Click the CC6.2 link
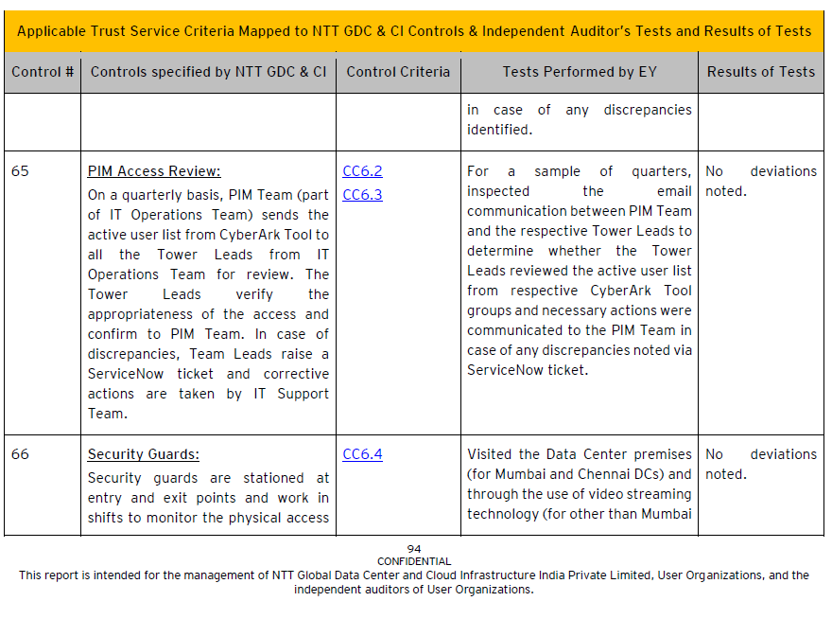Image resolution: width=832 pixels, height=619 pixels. click(362, 171)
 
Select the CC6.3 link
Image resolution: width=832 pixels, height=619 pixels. click(362, 195)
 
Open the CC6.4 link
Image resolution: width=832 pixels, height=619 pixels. click(362, 454)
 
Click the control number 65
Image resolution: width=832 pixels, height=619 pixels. click(20, 171)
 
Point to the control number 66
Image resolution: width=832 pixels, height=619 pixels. click(20, 454)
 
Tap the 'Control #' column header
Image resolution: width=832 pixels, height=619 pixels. click(43, 72)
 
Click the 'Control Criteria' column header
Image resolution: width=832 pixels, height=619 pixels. click(398, 72)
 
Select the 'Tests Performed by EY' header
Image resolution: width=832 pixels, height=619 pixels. click(579, 72)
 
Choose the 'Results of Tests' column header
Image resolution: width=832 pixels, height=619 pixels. click(760, 72)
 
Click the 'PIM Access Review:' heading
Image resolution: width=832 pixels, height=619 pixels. click(154, 171)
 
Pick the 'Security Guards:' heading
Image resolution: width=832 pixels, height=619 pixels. click(144, 454)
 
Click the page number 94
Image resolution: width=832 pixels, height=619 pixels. click(414, 549)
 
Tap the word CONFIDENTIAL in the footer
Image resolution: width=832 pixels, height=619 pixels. click(414, 561)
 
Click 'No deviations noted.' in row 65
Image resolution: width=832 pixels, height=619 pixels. click(760, 181)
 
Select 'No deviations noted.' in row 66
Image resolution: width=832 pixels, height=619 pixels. click(760, 464)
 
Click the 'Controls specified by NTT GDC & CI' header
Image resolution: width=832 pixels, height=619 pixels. click(208, 72)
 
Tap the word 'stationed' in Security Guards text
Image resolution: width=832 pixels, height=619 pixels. click(275, 478)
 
